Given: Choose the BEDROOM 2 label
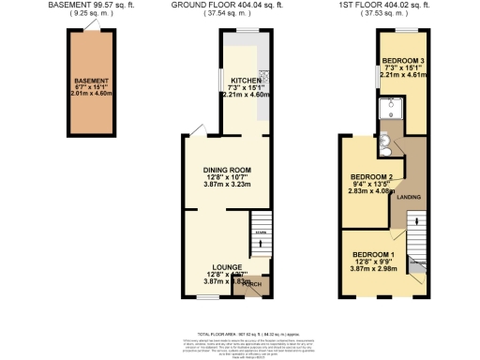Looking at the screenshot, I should [x=370, y=177].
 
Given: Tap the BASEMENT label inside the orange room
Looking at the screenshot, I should [x=92, y=82].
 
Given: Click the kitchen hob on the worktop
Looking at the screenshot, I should [x=263, y=77].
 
